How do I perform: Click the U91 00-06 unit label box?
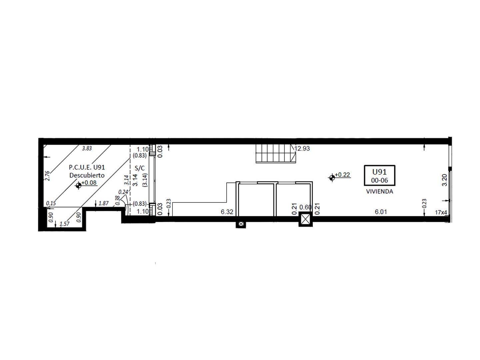point(379,175)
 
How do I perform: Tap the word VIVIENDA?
point(379,191)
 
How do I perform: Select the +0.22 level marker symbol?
point(332,178)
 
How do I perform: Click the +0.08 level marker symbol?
point(78,186)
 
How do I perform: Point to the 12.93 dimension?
point(302,148)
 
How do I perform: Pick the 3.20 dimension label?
point(444,180)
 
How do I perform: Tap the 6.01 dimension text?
point(381,212)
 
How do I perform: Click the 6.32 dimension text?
point(227,212)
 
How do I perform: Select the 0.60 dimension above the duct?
point(305,207)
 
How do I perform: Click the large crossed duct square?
point(305,219)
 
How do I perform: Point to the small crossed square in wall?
point(241,224)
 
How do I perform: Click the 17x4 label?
point(441,212)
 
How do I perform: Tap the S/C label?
point(140,168)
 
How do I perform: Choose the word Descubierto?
point(87,175)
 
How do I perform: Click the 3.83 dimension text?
point(87,148)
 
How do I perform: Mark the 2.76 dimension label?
point(47,176)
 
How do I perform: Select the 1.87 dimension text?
point(103,203)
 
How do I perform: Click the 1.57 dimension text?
point(64,224)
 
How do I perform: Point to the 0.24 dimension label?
point(123,192)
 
